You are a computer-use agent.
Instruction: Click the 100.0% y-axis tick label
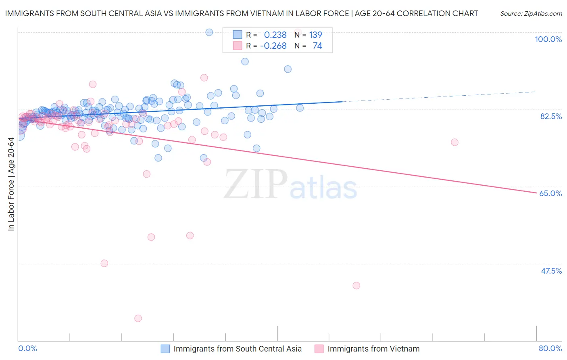pos(548,39)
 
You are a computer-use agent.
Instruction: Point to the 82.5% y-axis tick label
pos(551,116)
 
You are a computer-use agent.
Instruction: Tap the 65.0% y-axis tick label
pos(550,193)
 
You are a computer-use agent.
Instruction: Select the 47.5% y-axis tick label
pos(551,271)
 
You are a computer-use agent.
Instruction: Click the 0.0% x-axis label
pos(27,348)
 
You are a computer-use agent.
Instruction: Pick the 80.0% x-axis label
pos(550,348)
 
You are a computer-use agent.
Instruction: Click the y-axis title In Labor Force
pos(11,184)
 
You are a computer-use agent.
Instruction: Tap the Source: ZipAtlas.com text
pos(531,13)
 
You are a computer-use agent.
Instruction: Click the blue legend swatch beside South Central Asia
pos(165,349)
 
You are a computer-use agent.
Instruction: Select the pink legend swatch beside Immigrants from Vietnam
pos(319,349)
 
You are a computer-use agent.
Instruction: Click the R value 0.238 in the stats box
pos(275,35)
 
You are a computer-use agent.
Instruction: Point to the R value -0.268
pos(273,46)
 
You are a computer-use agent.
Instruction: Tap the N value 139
pos(315,35)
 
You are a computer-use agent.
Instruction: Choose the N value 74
pos(317,46)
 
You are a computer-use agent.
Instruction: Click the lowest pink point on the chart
pos(138,318)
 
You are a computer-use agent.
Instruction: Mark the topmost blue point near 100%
pos(209,32)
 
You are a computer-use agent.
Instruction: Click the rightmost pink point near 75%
pos(454,142)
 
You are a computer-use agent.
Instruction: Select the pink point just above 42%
pos(356,285)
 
